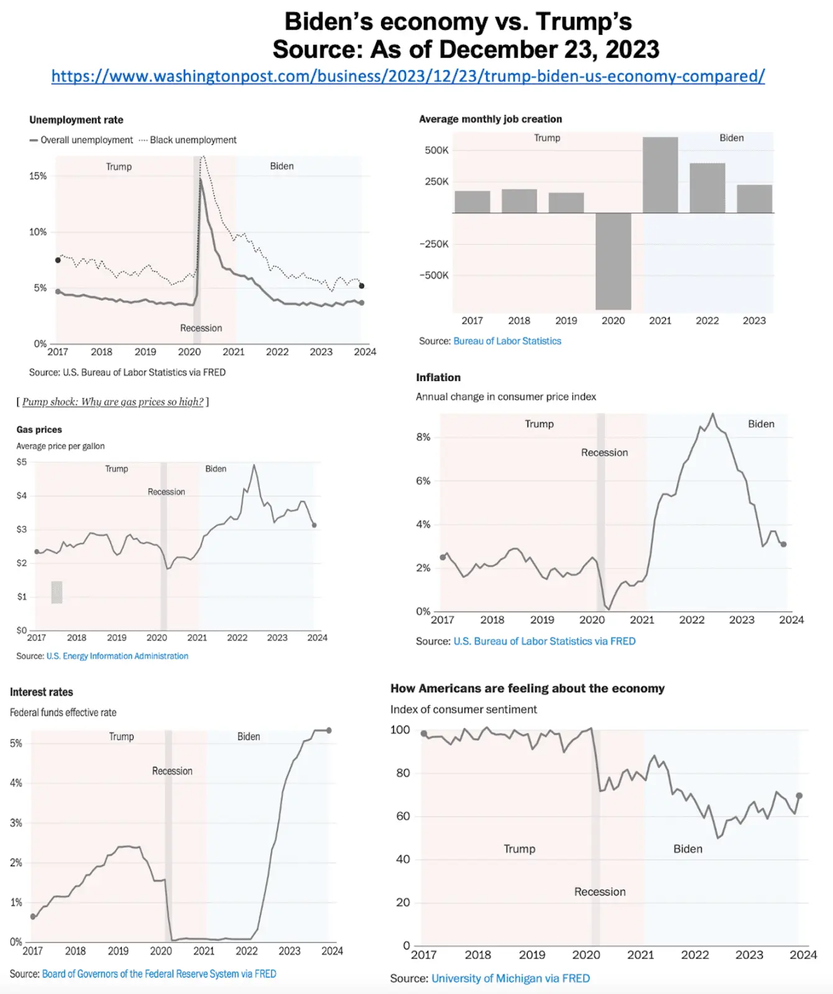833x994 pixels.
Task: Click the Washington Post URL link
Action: tap(408, 76)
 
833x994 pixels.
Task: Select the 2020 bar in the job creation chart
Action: tap(613, 261)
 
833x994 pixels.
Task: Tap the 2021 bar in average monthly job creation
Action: tap(660, 175)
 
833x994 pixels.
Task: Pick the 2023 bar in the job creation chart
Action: tap(754, 199)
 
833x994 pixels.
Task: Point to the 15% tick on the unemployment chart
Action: tap(38, 176)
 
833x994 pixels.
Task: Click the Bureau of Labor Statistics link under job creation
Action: tap(507, 341)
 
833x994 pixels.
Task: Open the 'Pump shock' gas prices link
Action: tap(113, 402)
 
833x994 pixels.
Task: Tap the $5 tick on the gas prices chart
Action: tap(22, 462)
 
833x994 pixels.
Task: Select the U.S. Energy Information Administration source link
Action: tap(117, 656)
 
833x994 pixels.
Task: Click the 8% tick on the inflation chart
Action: tap(423, 437)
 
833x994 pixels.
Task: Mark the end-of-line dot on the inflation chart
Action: tap(783, 544)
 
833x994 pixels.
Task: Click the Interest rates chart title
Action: tap(42, 692)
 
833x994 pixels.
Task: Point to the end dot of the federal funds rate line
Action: tap(329, 731)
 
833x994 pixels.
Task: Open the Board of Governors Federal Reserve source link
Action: tap(159, 974)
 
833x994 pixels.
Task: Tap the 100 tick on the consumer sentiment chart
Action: tap(400, 730)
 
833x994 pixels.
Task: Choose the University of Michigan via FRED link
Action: tap(510, 978)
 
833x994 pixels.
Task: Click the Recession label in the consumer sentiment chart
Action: tap(600, 892)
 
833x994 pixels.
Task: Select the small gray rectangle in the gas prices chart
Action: tap(57, 592)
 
